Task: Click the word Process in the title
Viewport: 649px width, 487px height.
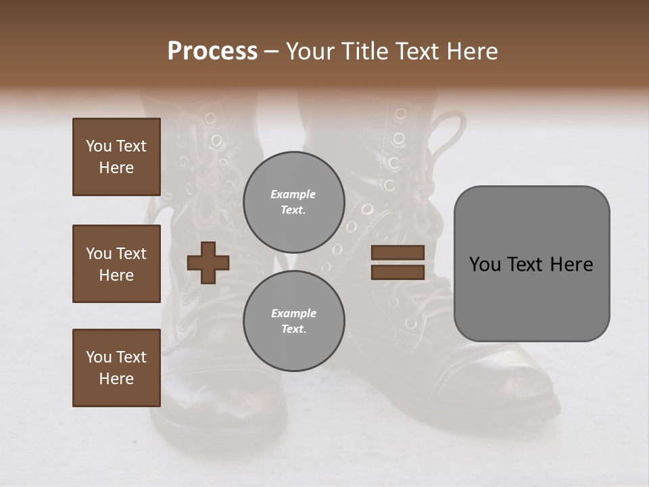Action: [x=212, y=51]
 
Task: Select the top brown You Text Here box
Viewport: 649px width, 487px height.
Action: [x=116, y=157]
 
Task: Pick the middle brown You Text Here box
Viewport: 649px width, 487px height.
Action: [x=116, y=264]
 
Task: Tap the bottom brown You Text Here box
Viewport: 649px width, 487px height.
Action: [x=116, y=368]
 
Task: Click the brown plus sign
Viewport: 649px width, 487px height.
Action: [x=208, y=262]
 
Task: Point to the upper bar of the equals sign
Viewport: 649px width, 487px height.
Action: [x=398, y=253]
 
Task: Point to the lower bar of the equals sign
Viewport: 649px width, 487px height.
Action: [x=398, y=272]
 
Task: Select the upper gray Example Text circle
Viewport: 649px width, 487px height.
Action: [x=293, y=202]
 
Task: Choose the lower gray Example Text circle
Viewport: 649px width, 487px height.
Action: [x=293, y=321]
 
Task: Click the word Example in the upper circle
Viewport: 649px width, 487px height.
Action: [x=293, y=194]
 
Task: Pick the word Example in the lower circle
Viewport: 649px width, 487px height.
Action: [x=293, y=313]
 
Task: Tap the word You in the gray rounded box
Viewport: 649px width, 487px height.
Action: [x=485, y=264]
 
